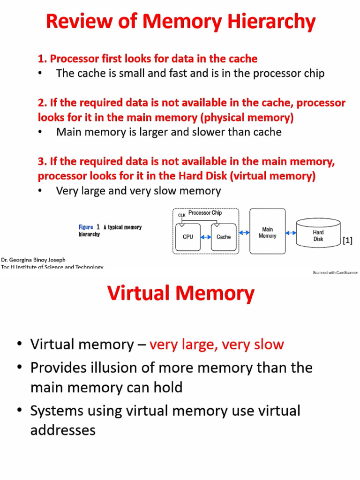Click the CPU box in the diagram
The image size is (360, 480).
pos(188,237)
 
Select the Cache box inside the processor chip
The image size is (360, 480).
pos(224,237)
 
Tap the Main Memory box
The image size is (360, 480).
pos(268,232)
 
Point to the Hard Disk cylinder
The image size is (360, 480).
pos(318,232)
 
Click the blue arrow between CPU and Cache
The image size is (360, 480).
pos(206,237)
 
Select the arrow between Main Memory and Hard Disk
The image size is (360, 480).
pos(291,233)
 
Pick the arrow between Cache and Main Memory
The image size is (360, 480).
pos(244,232)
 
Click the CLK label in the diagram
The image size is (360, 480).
pos(182,215)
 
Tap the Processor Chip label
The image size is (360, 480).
pos(205,212)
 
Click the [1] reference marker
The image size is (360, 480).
pos(347,240)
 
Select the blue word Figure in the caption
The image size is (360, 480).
pos(86,227)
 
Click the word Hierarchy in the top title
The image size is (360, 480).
pos(271,22)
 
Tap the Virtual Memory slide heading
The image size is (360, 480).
pos(181,293)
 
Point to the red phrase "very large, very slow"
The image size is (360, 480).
pos(217,345)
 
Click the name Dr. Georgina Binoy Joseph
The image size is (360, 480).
pos(33,260)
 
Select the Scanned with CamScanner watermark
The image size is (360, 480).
pos(335,272)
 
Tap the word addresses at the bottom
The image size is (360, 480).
pos(63,430)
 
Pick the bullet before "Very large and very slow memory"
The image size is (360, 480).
pos(40,190)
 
